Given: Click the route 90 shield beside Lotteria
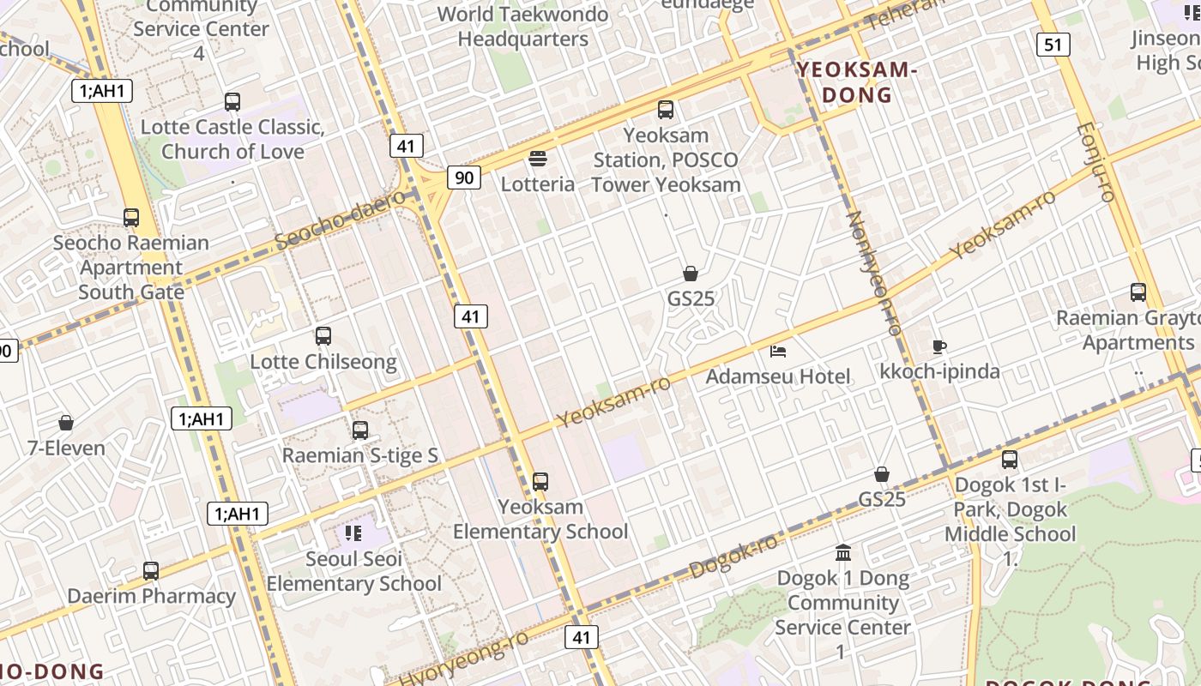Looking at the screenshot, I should coord(463,178).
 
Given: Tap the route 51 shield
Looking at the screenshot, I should coord(1053,44).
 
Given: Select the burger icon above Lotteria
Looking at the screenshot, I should coord(538,159).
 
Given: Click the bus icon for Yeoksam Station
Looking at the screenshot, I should coord(666,110).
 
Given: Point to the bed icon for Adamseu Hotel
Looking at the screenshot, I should coord(778,351).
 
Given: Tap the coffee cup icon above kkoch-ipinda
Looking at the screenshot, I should coord(939,346).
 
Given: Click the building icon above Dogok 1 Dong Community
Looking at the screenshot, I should coord(842,552).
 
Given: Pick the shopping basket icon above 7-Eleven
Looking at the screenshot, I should coord(66,423).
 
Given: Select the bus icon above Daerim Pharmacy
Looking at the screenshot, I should coord(151,570).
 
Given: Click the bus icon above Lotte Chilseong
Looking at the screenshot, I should coord(323,336).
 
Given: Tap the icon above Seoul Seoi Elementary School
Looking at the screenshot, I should coord(353,533).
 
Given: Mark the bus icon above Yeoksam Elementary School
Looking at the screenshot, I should coord(540,482).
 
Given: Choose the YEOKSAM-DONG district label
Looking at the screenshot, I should coord(857,82).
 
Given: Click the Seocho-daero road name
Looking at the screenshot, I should coord(341,221).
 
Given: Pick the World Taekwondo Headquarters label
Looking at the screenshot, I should coord(522,27).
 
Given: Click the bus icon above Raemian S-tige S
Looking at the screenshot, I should coord(360,430).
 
